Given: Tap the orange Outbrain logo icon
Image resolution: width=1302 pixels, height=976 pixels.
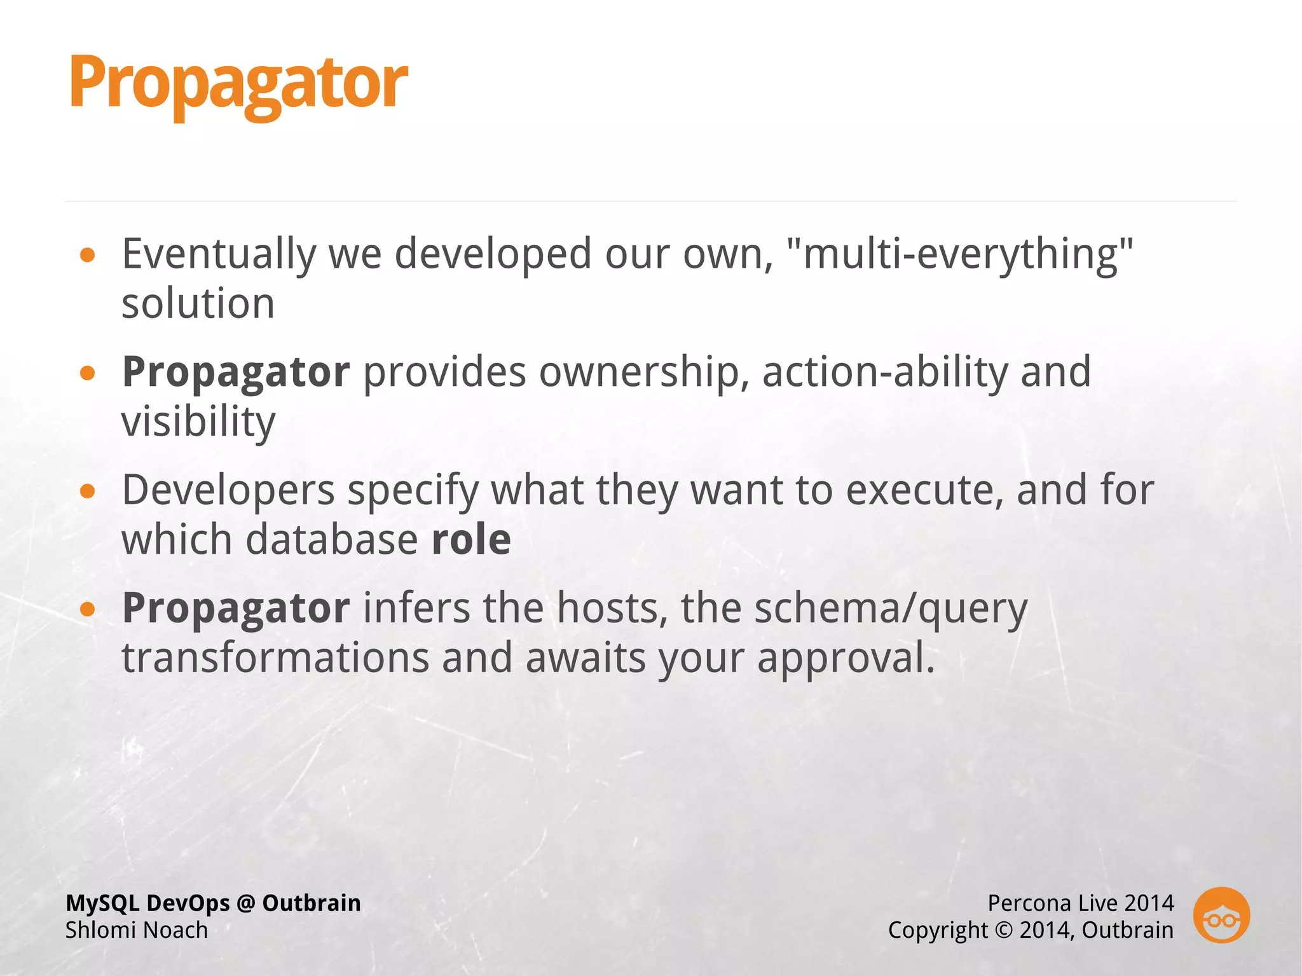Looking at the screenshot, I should tap(1221, 915).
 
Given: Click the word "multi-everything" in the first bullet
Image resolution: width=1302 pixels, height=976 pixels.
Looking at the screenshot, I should tap(959, 254).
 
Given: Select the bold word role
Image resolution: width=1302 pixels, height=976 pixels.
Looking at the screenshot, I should tap(471, 540).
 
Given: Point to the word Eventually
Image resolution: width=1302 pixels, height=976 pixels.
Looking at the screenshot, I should tap(218, 254).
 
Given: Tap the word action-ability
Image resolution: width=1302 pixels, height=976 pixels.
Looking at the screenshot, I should tap(884, 372).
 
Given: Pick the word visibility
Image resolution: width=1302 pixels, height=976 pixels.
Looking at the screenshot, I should tap(198, 422).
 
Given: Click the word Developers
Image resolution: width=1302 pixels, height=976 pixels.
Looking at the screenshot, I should tap(228, 490).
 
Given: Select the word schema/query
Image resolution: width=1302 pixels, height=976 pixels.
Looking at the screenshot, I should tap(891, 608).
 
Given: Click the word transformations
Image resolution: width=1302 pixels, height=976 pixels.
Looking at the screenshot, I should tap(275, 658).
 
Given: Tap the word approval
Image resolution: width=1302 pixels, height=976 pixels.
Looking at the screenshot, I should tap(846, 658).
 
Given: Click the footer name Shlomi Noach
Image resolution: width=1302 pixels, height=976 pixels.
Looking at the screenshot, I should tap(137, 930).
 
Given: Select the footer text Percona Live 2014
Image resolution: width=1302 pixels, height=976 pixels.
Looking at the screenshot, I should tap(1080, 903).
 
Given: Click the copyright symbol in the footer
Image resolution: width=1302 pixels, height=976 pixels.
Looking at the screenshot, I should tap(1003, 930).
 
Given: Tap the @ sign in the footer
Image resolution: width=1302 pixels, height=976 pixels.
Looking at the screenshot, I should tap(245, 903).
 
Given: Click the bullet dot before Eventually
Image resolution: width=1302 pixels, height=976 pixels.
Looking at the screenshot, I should tap(88, 256).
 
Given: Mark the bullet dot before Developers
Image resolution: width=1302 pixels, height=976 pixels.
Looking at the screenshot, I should tap(88, 491).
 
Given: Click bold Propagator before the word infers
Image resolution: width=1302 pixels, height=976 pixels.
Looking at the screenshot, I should tap(236, 608).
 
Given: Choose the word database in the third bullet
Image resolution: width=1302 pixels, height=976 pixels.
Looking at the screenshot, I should tap(331, 540).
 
